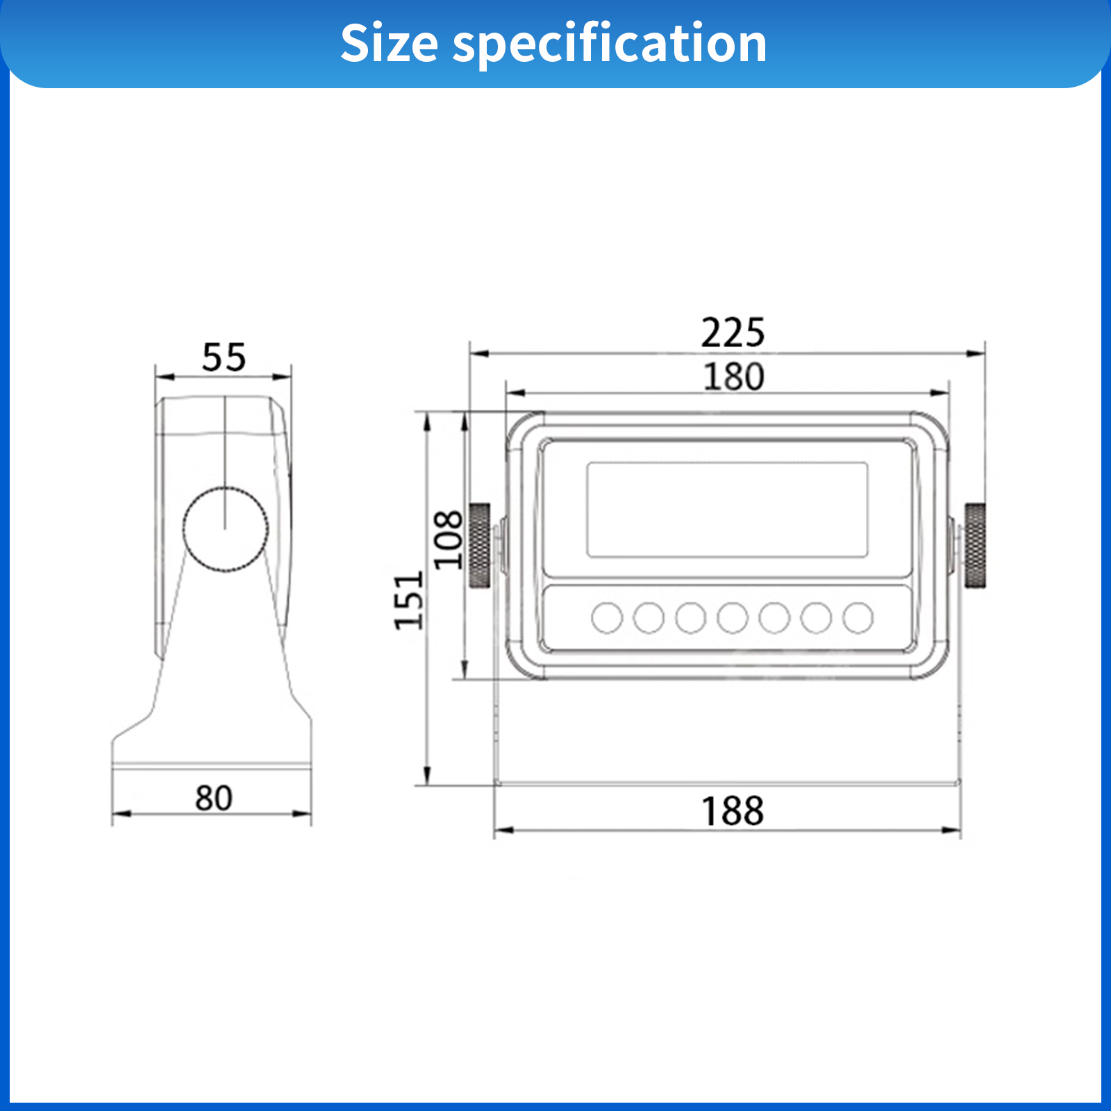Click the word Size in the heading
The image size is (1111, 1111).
pyautogui.click(x=389, y=43)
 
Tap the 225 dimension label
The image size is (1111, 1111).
pyautogui.click(x=733, y=333)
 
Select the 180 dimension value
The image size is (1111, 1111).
pyautogui.click(x=733, y=376)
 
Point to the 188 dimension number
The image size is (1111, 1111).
pyautogui.click(x=733, y=811)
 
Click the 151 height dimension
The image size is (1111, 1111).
pyautogui.click(x=408, y=601)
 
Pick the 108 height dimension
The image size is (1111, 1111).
pyautogui.click(x=448, y=540)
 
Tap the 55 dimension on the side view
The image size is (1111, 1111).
pyautogui.click(x=224, y=358)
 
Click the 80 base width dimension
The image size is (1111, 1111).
pyautogui.click(x=213, y=798)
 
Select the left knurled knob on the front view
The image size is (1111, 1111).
pyautogui.click(x=480, y=546)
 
